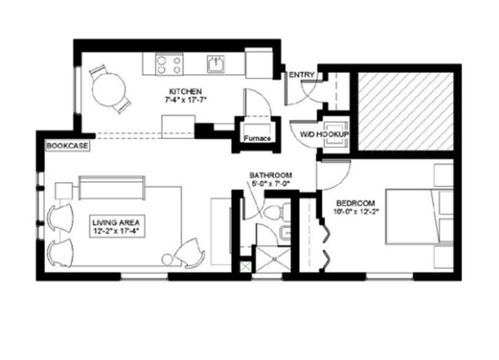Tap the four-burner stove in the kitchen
coord(169,63)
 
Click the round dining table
coord(107,91)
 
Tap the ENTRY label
coord(299,74)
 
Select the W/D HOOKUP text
coord(325,136)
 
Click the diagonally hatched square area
coord(406,111)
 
